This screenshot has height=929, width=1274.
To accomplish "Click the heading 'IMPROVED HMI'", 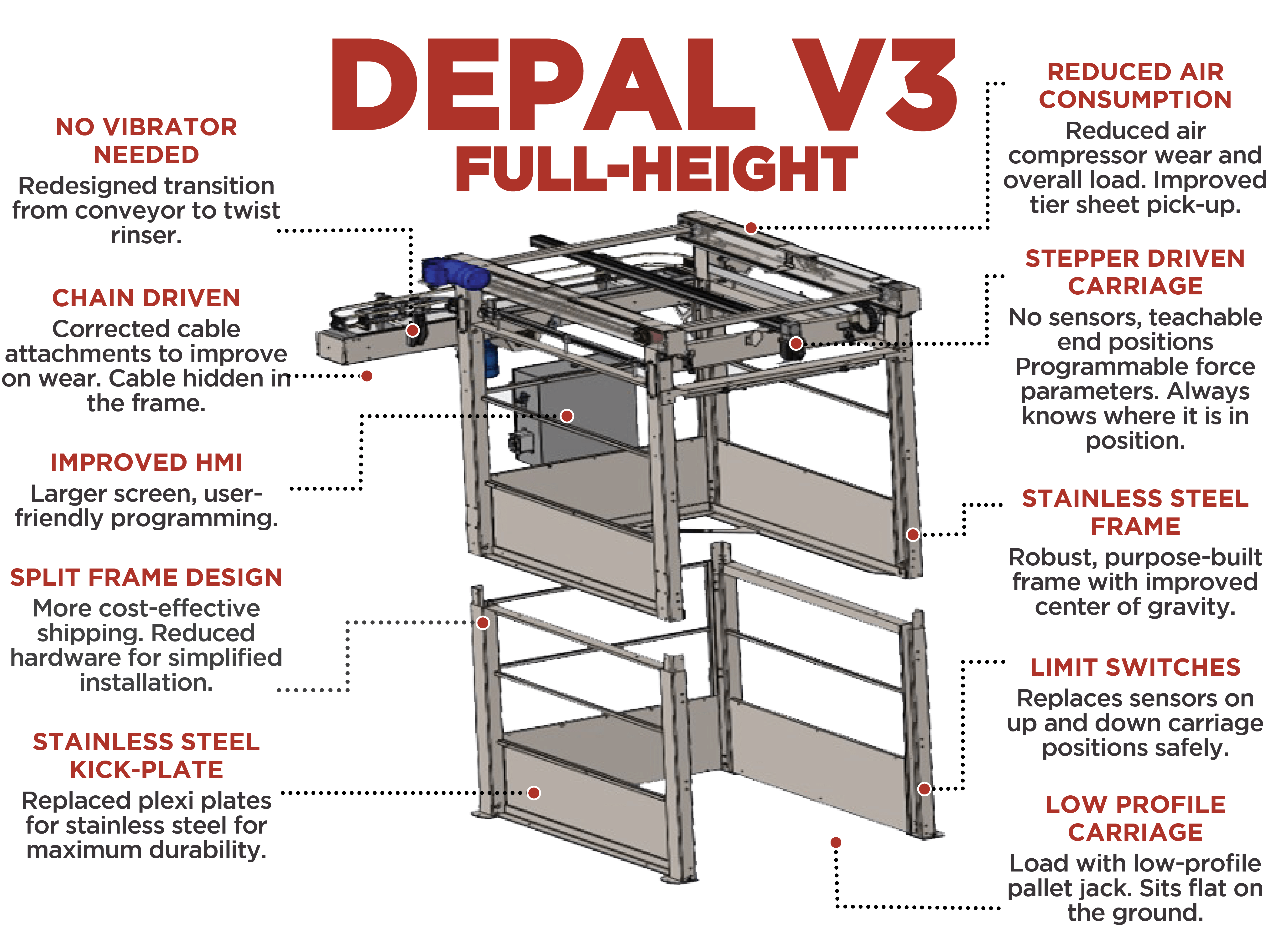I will (146, 462).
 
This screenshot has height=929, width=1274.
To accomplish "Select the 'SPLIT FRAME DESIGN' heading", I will (146, 578).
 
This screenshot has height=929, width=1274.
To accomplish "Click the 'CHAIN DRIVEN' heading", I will (146, 298).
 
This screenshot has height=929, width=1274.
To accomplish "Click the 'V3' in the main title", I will (874, 84).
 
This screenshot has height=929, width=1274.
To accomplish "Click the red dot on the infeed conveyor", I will (413, 330).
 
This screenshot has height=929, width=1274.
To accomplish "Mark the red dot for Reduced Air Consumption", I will (751, 228).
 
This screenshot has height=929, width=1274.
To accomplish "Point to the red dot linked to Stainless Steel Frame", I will (913, 534).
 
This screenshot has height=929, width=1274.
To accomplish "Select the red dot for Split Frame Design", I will (483, 622).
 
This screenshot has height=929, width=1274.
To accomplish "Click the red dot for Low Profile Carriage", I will (836, 842).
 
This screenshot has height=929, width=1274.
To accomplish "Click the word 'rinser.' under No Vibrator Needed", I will (146, 235).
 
